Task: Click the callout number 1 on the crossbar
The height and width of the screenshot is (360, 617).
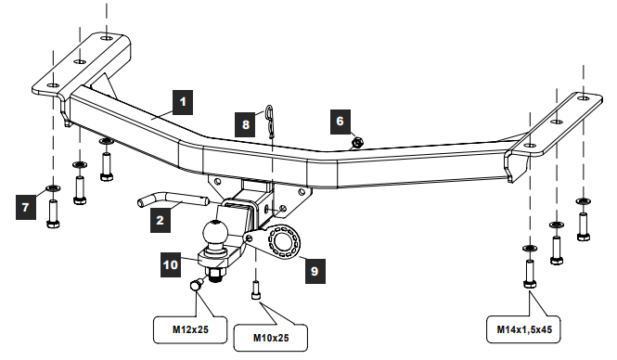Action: pyautogui.click(x=182, y=99)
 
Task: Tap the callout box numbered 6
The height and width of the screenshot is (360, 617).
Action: pyautogui.click(x=340, y=121)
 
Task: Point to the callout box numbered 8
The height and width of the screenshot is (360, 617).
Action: pyautogui.click(x=246, y=123)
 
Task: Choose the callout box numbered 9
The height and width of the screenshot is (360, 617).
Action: pyautogui.click(x=314, y=271)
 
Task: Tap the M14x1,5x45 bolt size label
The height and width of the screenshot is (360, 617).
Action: pyautogui.click(x=525, y=328)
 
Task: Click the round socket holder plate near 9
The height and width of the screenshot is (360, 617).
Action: pyautogui.click(x=279, y=241)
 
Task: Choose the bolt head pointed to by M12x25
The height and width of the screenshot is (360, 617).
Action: pyautogui.click(x=198, y=288)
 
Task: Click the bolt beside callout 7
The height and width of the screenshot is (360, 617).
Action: pyautogui.click(x=53, y=211)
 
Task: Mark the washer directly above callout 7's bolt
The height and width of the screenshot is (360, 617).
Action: pyautogui.click(x=52, y=188)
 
